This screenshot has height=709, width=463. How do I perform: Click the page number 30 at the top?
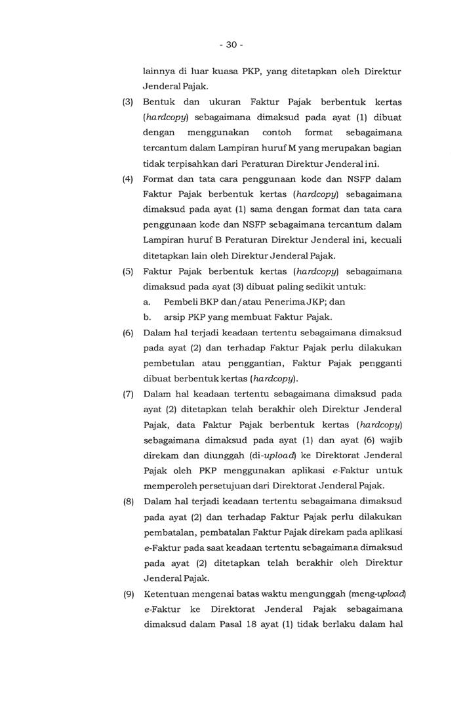point(231,45)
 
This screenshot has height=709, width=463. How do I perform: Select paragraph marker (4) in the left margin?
point(128,178)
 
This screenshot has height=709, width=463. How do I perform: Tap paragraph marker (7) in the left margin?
point(128,395)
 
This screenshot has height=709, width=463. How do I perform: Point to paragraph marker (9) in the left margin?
point(128,595)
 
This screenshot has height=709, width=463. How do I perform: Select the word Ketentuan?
point(167,595)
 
